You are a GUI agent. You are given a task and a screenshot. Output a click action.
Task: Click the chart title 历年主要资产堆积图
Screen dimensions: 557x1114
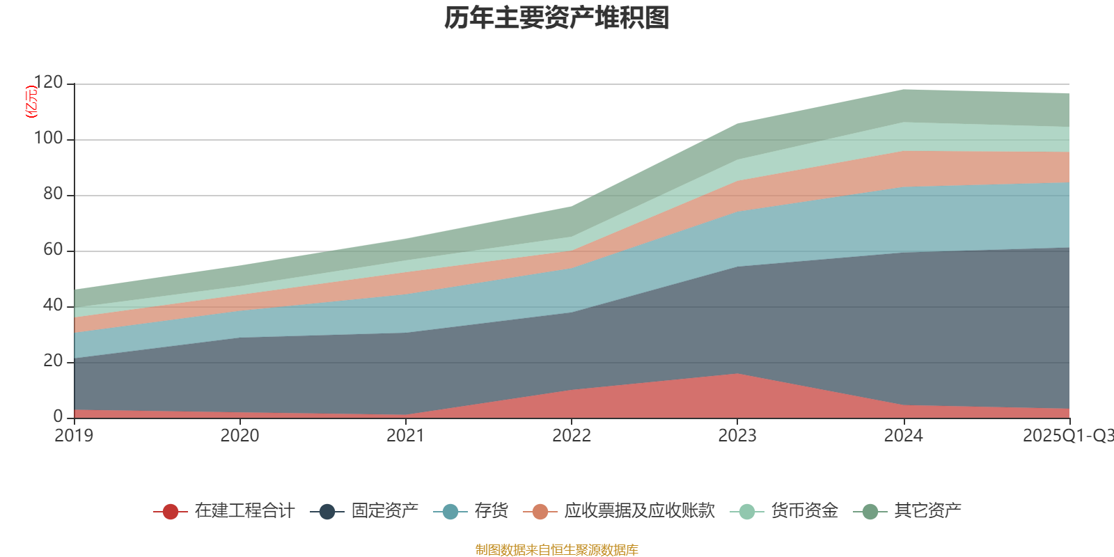point(557,18)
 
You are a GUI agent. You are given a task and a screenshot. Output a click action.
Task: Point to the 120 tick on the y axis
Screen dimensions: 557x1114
point(48,83)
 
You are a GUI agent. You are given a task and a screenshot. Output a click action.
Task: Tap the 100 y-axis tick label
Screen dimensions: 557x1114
point(48,139)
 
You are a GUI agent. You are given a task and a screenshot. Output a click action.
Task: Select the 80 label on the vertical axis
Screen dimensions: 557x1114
point(52,194)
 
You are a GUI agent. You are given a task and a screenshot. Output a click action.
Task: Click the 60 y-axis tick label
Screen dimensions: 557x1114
point(52,250)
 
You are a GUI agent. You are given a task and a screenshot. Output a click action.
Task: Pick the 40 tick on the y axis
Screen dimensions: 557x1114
point(52,306)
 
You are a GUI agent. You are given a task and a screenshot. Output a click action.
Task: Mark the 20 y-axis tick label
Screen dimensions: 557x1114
point(52,361)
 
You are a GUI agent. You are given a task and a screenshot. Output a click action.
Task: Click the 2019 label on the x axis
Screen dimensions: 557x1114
point(74,436)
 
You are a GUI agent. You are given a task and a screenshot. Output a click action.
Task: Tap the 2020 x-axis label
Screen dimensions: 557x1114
point(240,436)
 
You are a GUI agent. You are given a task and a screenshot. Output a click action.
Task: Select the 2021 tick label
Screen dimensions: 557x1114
point(405,436)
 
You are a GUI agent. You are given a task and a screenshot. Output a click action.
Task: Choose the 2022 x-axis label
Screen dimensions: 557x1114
point(571,436)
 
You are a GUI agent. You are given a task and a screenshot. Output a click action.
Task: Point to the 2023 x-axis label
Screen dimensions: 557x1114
point(737,436)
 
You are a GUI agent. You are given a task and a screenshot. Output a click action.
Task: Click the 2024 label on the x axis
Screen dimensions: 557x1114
point(903,436)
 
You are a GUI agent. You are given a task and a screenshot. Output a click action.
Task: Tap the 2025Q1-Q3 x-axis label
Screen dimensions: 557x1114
point(1067,436)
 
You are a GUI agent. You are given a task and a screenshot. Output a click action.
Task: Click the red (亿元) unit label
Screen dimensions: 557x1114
point(31,102)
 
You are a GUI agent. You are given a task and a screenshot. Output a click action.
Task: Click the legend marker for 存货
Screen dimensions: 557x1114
point(450,512)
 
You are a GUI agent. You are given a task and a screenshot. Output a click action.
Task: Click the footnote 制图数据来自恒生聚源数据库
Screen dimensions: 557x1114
point(557,550)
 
